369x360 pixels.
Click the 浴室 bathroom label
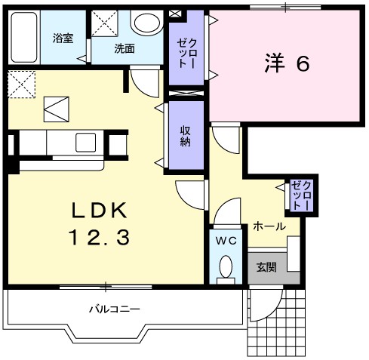(63, 38)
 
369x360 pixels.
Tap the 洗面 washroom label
(125, 48)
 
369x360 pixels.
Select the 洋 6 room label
(287, 64)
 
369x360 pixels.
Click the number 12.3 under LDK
(101, 238)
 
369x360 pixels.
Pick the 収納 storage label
(185, 135)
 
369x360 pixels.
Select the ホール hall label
(269, 226)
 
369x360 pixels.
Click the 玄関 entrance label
(266, 267)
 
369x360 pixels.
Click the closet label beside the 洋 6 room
(186, 53)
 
